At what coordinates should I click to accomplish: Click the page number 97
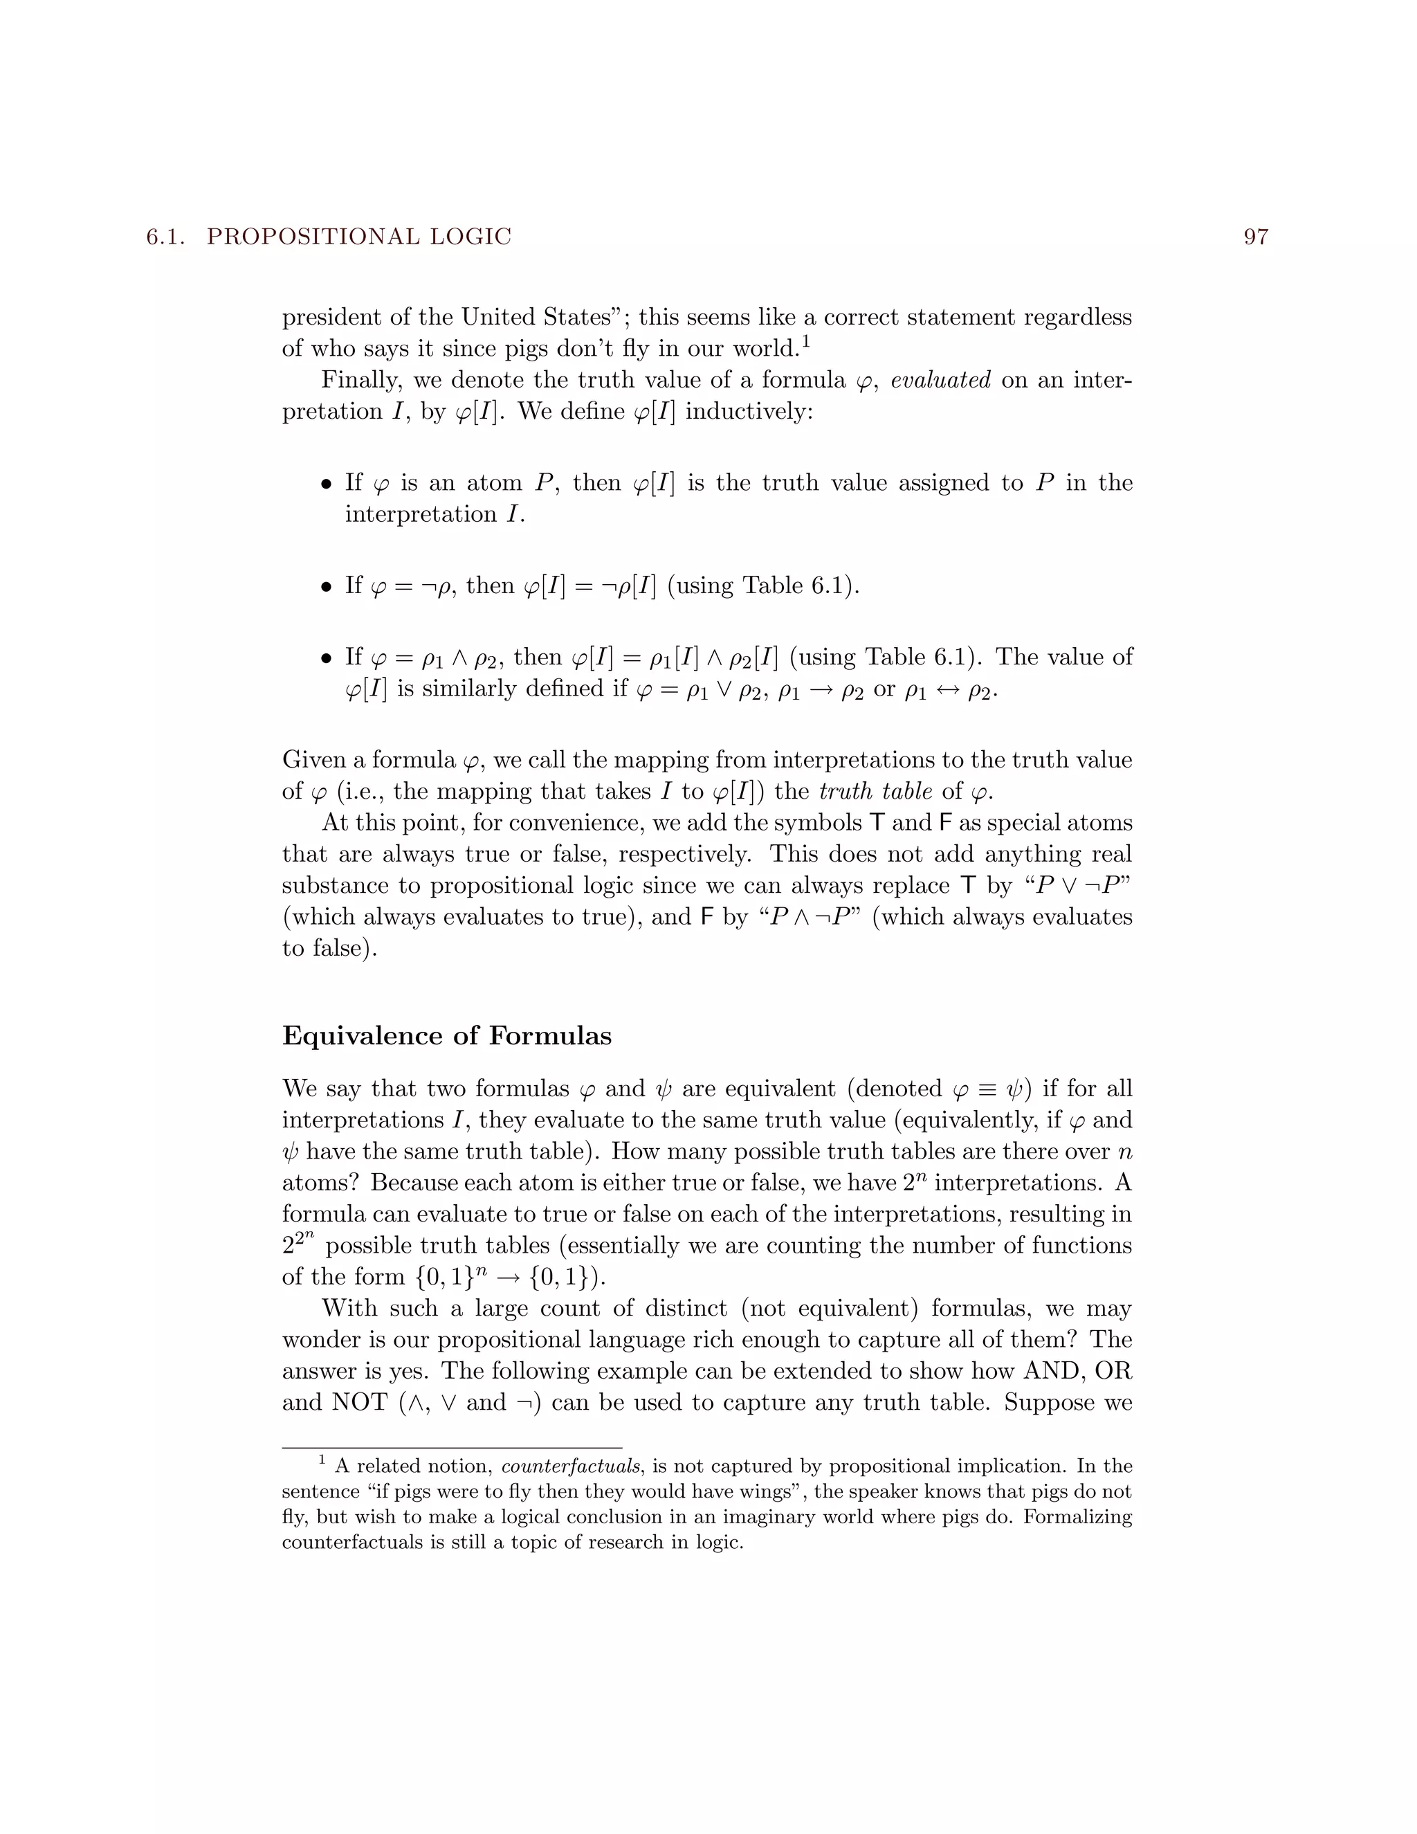(x=1255, y=237)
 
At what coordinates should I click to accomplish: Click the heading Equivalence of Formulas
(x=446, y=1035)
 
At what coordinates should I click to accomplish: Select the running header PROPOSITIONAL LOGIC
(x=358, y=237)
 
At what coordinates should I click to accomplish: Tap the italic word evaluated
(x=940, y=381)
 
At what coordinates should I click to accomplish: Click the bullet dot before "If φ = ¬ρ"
(x=327, y=587)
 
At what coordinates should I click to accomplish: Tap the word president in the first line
(x=339, y=318)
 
